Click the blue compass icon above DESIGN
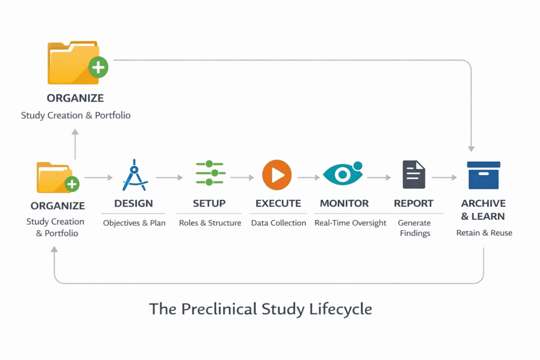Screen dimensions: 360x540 pyautogui.click(x=134, y=175)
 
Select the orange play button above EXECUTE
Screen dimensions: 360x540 pyautogui.click(x=277, y=174)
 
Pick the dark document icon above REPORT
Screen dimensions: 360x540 pyautogui.click(x=414, y=174)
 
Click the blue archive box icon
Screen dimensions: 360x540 pyautogui.click(x=484, y=175)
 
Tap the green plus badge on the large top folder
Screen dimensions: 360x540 pyautogui.click(x=98, y=67)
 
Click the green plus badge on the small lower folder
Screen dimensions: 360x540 pyautogui.click(x=72, y=184)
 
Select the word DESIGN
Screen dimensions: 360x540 pyautogui.click(x=133, y=203)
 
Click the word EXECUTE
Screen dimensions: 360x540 pyautogui.click(x=278, y=203)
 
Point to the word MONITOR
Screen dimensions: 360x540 pyautogui.click(x=344, y=203)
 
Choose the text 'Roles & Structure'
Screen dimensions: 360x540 pyautogui.click(x=210, y=223)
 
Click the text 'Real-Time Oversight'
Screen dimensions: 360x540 pyautogui.click(x=350, y=223)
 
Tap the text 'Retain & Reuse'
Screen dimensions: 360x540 pyautogui.click(x=484, y=232)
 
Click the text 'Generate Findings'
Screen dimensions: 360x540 pyautogui.click(x=414, y=228)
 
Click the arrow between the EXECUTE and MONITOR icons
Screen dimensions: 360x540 pyautogui.click(x=308, y=178)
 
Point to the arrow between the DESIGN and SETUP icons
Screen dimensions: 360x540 pyautogui.click(x=169, y=178)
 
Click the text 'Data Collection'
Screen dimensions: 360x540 pyautogui.click(x=278, y=223)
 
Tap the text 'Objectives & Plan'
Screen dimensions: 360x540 pyautogui.click(x=134, y=223)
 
